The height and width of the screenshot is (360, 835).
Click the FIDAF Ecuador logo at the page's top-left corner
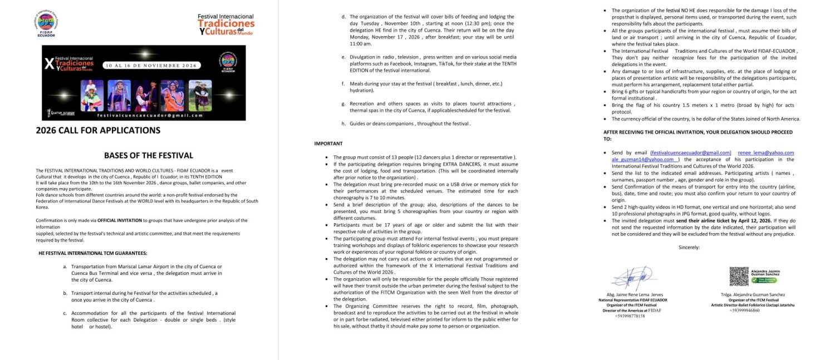(x=46, y=24)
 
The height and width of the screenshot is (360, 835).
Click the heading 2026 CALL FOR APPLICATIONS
(x=98, y=131)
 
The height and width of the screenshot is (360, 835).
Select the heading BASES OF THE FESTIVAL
(x=149, y=156)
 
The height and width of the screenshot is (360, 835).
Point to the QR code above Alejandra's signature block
(x=739, y=277)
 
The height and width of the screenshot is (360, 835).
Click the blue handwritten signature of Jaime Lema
(x=628, y=278)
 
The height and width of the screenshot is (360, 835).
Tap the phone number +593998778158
(x=630, y=315)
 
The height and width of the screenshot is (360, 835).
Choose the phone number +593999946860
(x=745, y=310)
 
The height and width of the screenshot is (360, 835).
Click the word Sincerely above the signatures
(x=689, y=247)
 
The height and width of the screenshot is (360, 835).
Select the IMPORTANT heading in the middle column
(x=328, y=144)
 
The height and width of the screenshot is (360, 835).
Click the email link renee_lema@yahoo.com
(x=766, y=152)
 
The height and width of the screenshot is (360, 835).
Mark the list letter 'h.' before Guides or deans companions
(x=343, y=124)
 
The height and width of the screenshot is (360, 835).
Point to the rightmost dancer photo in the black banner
(x=200, y=95)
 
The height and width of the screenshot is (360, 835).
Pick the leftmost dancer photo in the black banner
(x=92, y=95)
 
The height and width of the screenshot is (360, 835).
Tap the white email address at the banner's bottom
(x=150, y=115)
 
